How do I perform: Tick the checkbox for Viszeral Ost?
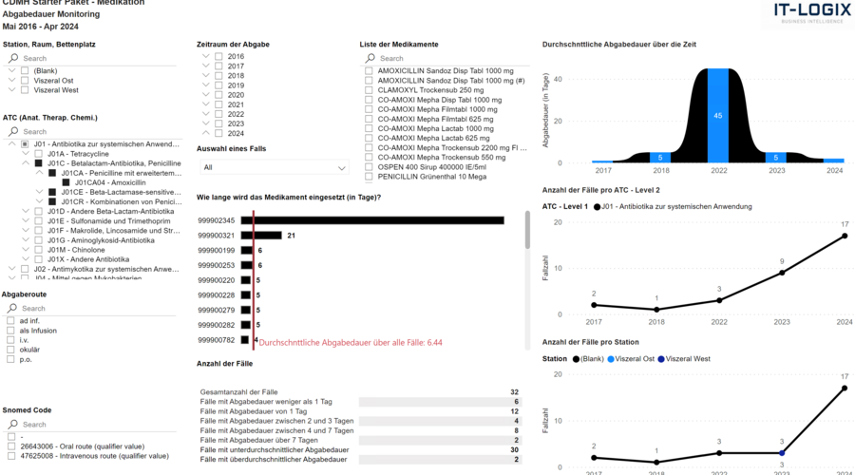(x=25, y=81)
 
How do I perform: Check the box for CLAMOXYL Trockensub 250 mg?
(x=369, y=90)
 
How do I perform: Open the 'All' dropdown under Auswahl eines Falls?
(x=273, y=167)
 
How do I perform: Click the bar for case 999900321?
(x=261, y=235)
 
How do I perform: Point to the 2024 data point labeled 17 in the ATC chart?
(x=844, y=236)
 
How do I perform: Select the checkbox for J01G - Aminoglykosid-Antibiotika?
(x=38, y=240)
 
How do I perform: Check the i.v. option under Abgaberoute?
(x=10, y=339)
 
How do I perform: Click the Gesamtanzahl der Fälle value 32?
(x=514, y=391)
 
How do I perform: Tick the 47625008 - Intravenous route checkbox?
(x=10, y=456)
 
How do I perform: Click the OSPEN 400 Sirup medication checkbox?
(x=369, y=166)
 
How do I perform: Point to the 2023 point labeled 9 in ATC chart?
(x=781, y=273)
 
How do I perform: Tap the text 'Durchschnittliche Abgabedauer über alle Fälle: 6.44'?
(x=351, y=342)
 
